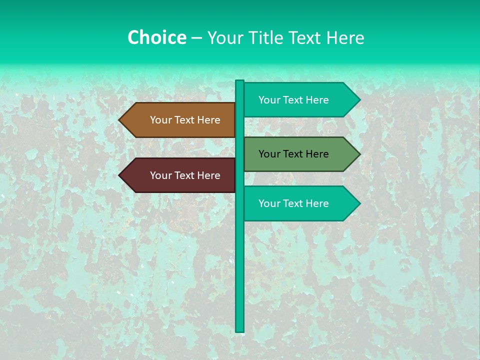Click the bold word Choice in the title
point(156,37)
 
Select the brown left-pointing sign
point(180,120)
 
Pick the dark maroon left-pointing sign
point(180,175)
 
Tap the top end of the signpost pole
point(240,81)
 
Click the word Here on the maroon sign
point(208,175)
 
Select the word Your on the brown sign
point(160,120)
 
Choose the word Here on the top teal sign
point(317,100)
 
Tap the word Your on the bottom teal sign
point(269,203)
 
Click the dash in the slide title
point(196,38)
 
